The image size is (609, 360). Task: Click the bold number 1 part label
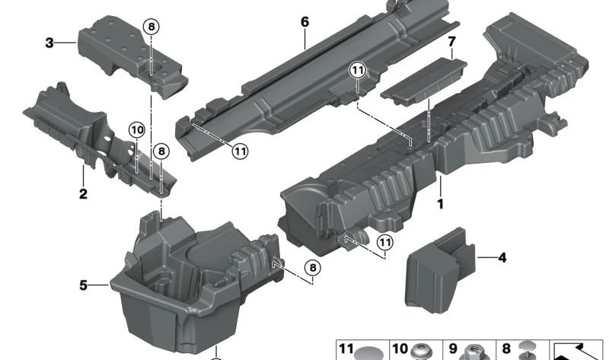(438, 204)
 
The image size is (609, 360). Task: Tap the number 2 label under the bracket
(82, 194)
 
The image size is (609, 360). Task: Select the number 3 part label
(49, 43)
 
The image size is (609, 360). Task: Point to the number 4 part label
(502, 259)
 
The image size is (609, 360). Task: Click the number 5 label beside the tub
(84, 285)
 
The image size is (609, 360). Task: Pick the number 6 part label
(304, 21)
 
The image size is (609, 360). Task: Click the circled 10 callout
(136, 130)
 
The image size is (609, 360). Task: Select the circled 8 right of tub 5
(313, 267)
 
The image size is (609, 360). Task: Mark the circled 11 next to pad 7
(358, 71)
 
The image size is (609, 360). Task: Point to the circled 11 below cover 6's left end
(240, 151)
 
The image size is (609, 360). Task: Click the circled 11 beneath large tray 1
(386, 242)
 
